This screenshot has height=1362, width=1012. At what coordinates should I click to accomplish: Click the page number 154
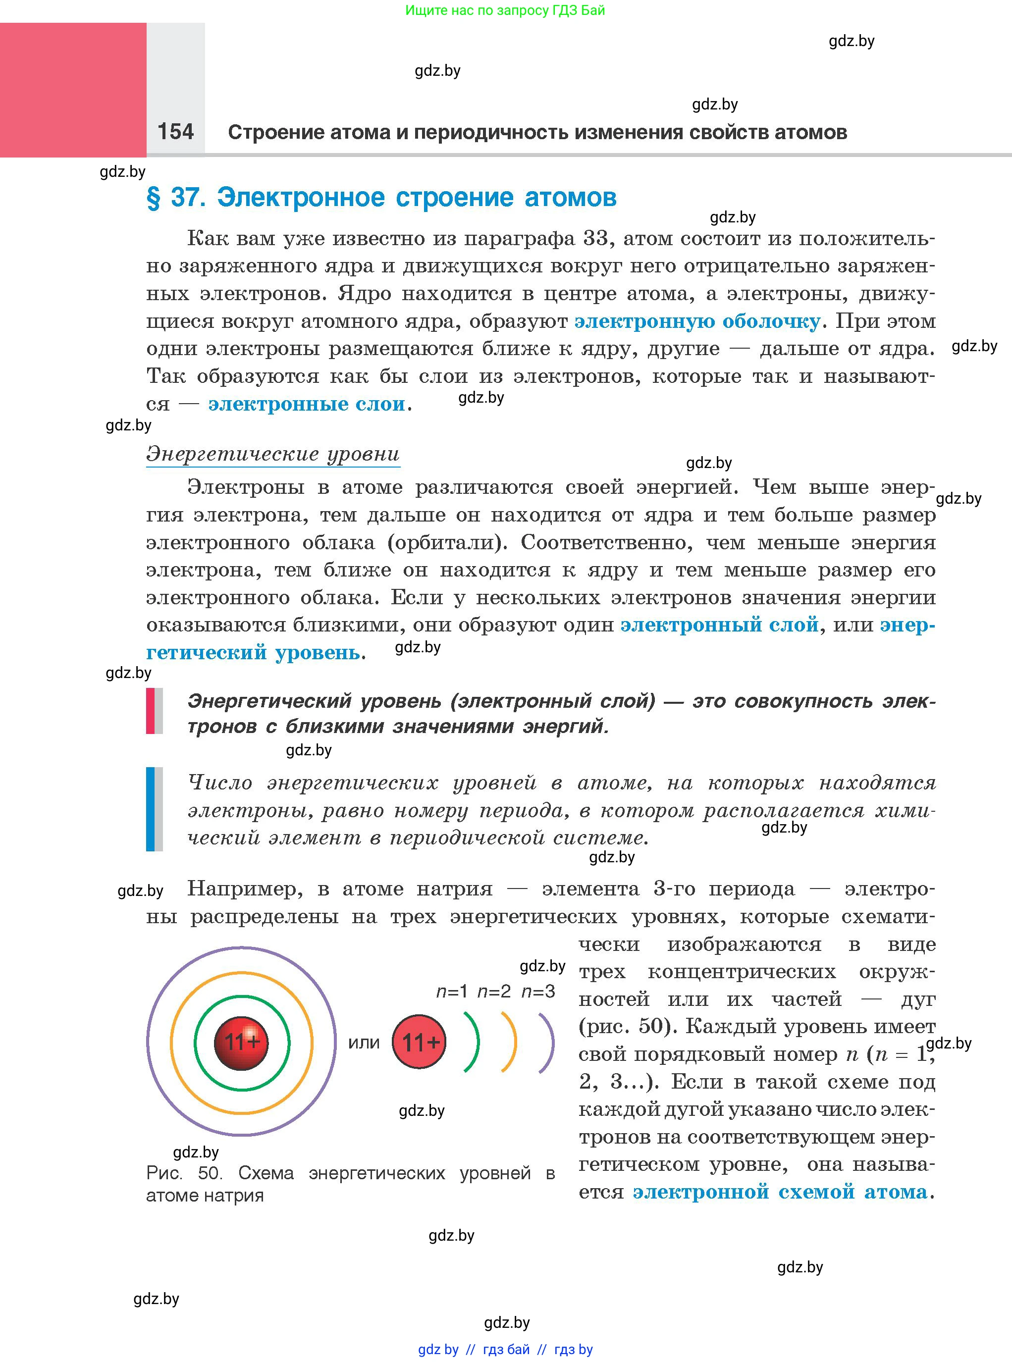pyautogui.click(x=175, y=132)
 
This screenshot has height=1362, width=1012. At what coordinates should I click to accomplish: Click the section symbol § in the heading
pyautogui.click(x=153, y=198)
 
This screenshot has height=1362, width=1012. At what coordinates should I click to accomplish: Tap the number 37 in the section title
pyautogui.click(x=184, y=197)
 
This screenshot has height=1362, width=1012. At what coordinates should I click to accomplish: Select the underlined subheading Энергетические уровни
pyautogui.click(x=272, y=454)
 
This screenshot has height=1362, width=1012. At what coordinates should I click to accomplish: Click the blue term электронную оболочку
pyautogui.click(x=697, y=321)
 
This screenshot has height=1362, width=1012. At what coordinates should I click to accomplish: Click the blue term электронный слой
pyautogui.click(x=719, y=625)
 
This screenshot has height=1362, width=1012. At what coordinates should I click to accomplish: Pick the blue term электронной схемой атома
pyautogui.click(x=780, y=1192)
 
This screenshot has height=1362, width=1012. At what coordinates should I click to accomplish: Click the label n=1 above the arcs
pyautogui.click(x=452, y=991)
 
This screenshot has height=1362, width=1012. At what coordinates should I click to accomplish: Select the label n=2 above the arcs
pyautogui.click(x=494, y=991)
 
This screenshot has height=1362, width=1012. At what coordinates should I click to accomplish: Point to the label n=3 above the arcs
pyautogui.click(x=538, y=991)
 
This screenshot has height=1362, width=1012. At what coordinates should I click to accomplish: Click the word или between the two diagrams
pyautogui.click(x=364, y=1043)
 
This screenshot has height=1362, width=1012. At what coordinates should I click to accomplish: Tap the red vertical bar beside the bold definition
pyautogui.click(x=151, y=711)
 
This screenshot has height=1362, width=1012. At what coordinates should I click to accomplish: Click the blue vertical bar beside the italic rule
pyautogui.click(x=151, y=809)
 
